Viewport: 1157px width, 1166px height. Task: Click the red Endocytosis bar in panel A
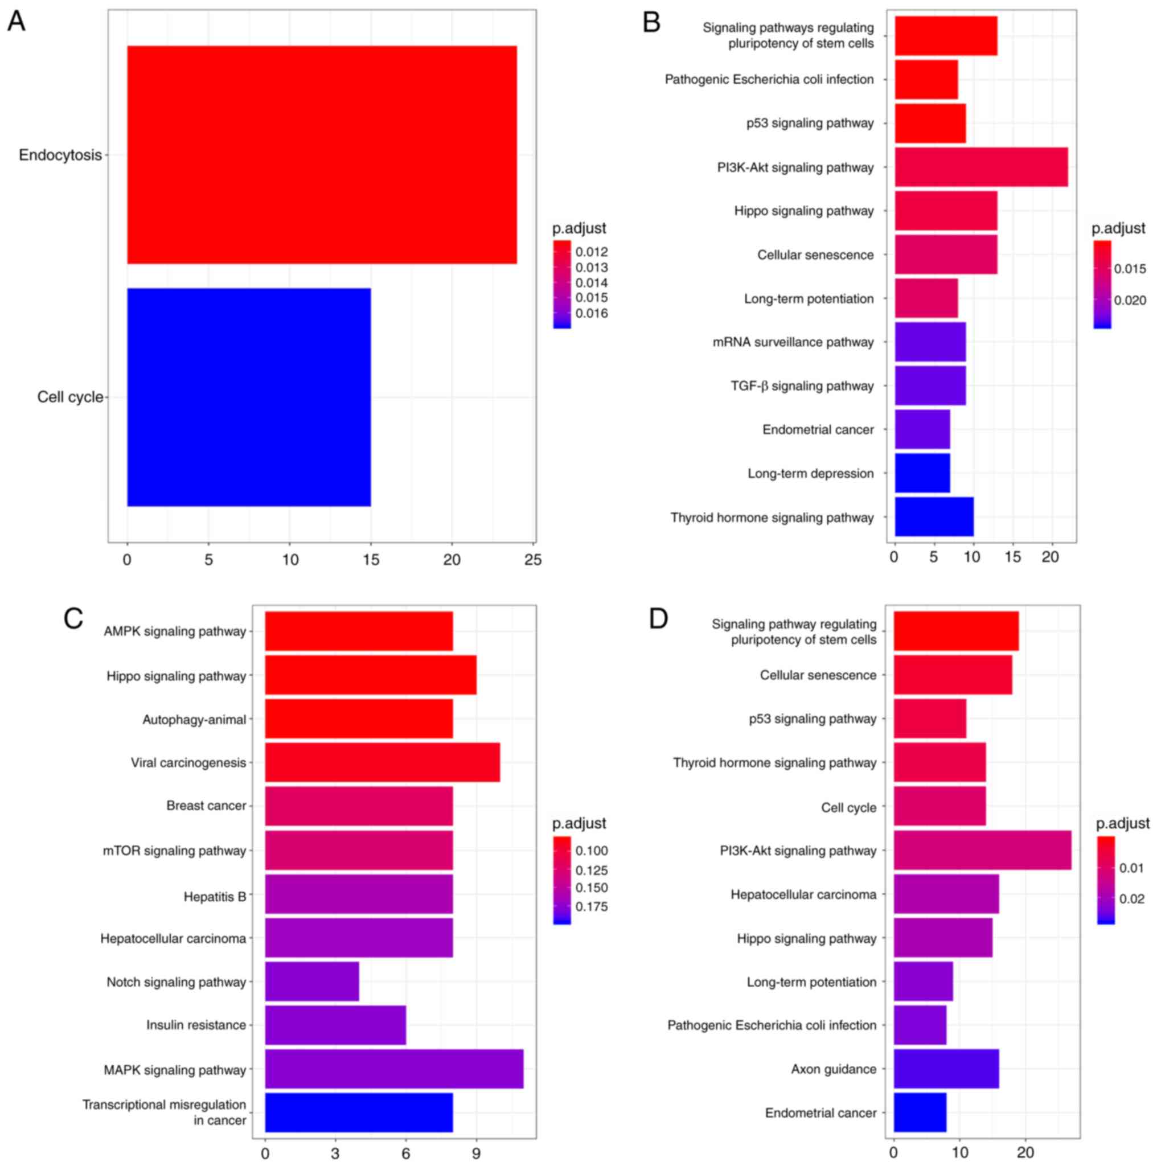click(x=322, y=154)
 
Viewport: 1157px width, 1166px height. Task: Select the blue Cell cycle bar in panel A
click(x=249, y=397)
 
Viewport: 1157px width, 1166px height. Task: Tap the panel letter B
click(x=651, y=22)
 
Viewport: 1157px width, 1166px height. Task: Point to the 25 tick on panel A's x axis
click(x=533, y=560)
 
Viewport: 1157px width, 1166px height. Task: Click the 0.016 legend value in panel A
click(x=592, y=313)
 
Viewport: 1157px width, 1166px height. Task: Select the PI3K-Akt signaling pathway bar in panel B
click(x=980, y=167)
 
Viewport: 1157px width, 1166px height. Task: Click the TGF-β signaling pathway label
click(x=802, y=385)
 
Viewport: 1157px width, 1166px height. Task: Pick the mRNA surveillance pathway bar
click(x=930, y=342)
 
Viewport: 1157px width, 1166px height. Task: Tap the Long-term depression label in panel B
click(x=811, y=474)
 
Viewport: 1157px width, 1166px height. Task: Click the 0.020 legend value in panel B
click(x=1130, y=301)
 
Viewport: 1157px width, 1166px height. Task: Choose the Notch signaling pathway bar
click(x=312, y=982)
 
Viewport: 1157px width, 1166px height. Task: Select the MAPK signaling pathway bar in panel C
click(x=394, y=1069)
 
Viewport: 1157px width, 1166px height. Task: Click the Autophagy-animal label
click(x=194, y=720)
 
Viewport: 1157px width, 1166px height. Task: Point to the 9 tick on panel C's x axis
click(x=476, y=1154)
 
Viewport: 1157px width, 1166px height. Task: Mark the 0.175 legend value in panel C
click(x=592, y=906)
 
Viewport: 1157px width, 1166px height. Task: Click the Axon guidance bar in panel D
click(x=946, y=1069)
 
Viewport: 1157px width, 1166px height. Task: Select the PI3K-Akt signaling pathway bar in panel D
click(x=982, y=851)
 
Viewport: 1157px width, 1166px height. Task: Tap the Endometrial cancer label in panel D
click(x=820, y=1113)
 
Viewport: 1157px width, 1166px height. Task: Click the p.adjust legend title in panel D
click(x=1123, y=823)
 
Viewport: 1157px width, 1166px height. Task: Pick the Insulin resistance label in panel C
click(x=196, y=1025)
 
